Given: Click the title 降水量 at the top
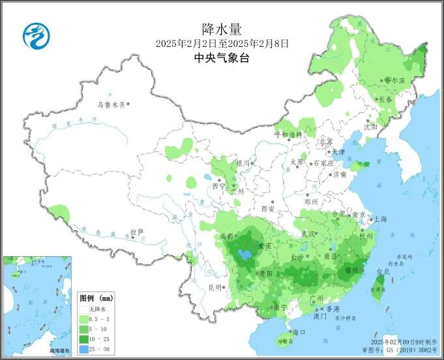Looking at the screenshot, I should click(x=222, y=29).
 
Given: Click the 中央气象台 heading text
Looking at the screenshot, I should click(x=222, y=58).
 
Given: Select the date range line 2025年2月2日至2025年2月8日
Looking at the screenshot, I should click(x=222, y=44).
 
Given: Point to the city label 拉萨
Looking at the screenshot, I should click(x=136, y=232).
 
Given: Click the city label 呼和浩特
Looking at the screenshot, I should click(x=288, y=134).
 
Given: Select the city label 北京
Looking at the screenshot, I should click(x=325, y=142).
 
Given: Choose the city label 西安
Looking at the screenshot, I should click(x=268, y=209).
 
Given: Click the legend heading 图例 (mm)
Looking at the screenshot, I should click(x=96, y=297).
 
